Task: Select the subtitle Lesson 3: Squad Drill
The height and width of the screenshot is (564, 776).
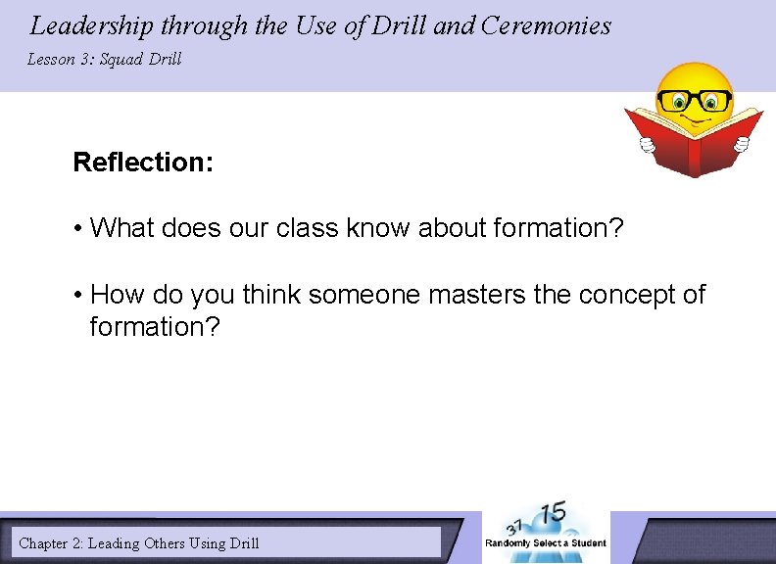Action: click(x=104, y=59)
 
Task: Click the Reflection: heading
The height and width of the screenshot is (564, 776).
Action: click(x=143, y=162)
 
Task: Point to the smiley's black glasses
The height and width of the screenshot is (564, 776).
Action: click(x=695, y=100)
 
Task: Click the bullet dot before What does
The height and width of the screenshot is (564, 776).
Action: click(x=77, y=229)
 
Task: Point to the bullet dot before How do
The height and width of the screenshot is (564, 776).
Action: click(x=77, y=296)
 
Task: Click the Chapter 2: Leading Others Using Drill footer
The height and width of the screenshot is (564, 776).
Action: click(x=139, y=542)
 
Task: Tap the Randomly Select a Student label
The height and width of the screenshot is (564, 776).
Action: click(x=546, y=542)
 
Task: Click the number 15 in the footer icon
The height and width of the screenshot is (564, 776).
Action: click(x=554, y=514)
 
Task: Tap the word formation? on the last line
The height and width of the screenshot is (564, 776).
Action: click(x=155, y=326)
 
